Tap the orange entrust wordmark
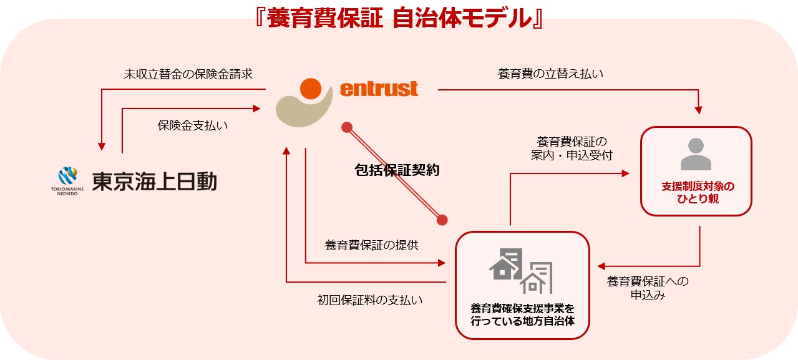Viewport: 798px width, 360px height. coord(379,89)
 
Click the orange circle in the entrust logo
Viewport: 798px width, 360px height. coord(311,89)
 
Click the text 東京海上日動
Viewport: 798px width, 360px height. coord(154,182)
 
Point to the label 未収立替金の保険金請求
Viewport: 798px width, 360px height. coord(188,74)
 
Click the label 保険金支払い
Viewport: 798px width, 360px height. coord(192,125)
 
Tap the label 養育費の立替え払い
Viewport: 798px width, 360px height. coord(550,74)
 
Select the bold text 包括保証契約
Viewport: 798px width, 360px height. coord(397,170)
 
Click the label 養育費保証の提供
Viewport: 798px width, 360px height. coord(371,245)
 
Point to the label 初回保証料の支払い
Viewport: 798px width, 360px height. coord(370,300)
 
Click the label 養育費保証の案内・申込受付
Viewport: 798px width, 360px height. coord(572,148)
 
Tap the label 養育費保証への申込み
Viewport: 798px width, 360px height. coord(648,288)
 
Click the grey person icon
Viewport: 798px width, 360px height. coord(696,154)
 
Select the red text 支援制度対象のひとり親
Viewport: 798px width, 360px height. coord(698,193)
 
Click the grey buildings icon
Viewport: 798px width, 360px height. coord(522,271)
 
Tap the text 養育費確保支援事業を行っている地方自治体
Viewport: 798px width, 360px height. coord(522,315)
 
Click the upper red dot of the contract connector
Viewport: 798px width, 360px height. coord(347,127)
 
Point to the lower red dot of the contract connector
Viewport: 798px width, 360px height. coord(442,220)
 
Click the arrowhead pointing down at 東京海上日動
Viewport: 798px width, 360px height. coord(101,147)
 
